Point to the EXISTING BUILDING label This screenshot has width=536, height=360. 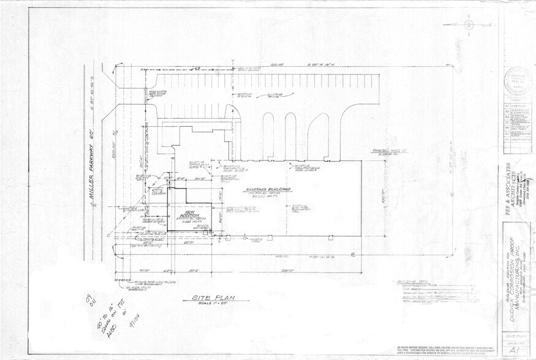point(268,190)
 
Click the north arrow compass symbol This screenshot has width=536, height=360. point(469,24)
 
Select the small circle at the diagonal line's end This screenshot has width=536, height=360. point(108,236)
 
